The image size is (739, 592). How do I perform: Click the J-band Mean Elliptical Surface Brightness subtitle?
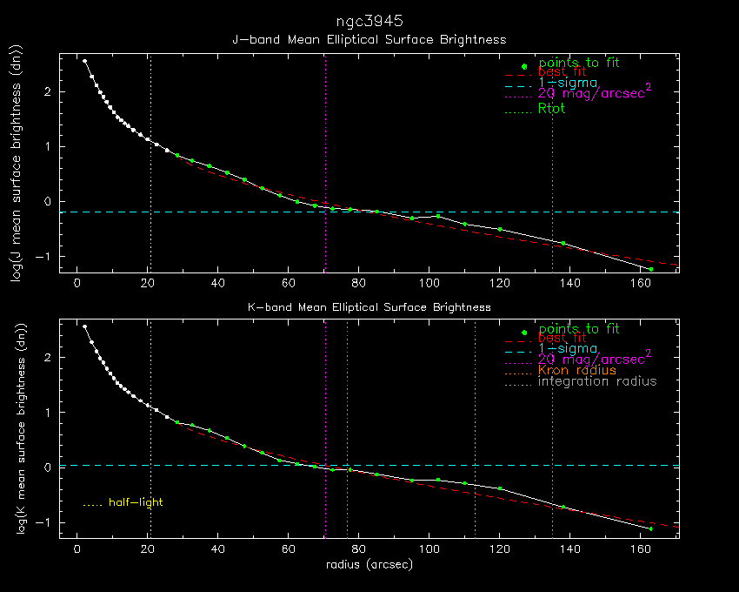click(x=369, y=39)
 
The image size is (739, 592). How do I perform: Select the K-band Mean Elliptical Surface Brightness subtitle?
click(x=369, y=307)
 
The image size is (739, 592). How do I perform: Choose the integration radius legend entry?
click(x=597, y=381)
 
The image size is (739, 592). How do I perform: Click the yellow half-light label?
click(x=136, y=502)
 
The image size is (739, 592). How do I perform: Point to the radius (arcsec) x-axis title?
click(x=369, y=565)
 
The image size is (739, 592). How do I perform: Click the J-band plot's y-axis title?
click(x=24, y=164)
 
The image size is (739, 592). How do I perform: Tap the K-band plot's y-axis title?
click(x=24, y=429)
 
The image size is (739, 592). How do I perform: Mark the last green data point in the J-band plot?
click(x=650, y=269)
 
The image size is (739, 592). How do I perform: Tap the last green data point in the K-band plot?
click(x=650, y=528)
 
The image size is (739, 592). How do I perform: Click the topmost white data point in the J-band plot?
click(x=84, y=61)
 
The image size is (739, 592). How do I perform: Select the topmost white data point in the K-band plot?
click(x=84, y=326)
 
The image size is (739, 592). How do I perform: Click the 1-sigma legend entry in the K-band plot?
click(x=567, y=348)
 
